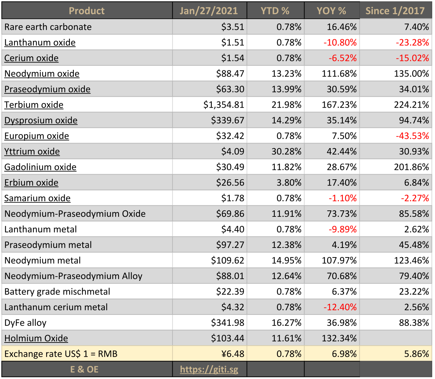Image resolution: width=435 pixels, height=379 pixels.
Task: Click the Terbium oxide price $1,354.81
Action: tap(224, 105)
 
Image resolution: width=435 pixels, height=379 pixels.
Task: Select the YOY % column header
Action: tap(331, 11)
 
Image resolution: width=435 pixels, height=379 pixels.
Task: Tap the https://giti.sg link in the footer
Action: tap(209, 369)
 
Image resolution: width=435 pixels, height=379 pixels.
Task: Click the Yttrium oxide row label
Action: tap(32, 152)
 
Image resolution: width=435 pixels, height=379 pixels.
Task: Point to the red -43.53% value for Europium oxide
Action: tap(412, 136)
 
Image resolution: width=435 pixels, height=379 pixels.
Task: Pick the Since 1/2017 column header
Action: tap(395, 11)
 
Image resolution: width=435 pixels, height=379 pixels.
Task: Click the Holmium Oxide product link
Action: tap(36, 338)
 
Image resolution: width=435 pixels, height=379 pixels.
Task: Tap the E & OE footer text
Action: tap(84, 369)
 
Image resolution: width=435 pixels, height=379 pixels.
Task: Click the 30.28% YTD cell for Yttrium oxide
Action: tap(286, 152)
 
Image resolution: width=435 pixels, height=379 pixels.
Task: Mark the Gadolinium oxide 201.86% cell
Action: tap(411, 167)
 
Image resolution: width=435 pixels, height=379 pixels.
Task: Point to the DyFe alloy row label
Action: tap(25, 323)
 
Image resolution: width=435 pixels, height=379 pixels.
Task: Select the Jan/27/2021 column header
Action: tap(209, 11)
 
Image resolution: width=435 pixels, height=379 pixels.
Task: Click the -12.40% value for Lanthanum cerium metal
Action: tap(340, 307)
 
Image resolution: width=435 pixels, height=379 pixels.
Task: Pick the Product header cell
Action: tap(87, 11)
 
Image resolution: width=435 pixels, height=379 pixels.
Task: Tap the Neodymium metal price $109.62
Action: tap(227, 260)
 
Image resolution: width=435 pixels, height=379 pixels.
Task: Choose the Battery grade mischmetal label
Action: tap(57, 292)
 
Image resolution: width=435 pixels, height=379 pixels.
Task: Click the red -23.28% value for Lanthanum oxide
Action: tap(412, 43)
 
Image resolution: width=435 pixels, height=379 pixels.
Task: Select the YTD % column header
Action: tap(275, 11)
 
